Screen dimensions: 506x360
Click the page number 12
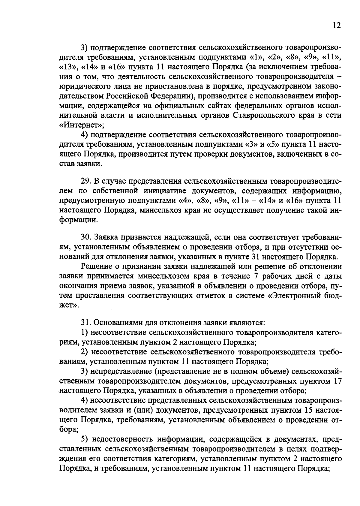(x=337, y=26)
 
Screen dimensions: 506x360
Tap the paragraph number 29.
(x=86, y=182)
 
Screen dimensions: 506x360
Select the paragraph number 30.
(x=86, y=238)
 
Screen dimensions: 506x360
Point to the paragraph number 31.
(x=86, y=323)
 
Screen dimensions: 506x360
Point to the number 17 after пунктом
(x=337, y=381)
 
